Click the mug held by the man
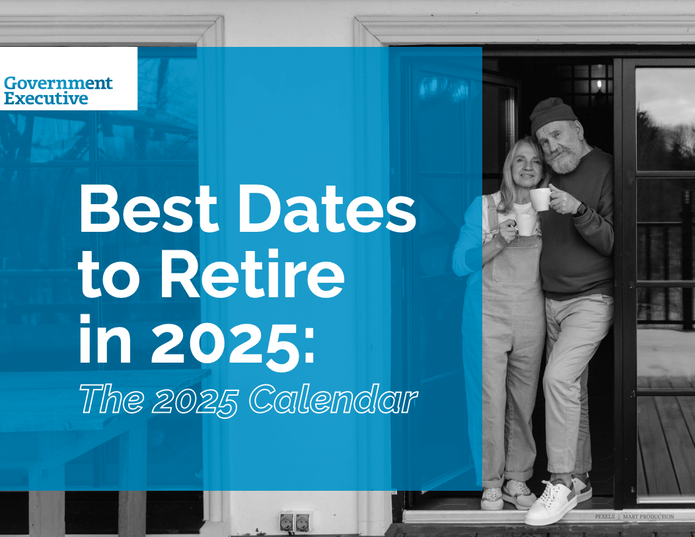coord(540,199)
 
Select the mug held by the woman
coord(526,224)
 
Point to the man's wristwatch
coord(581,208)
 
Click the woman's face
coord(529,169)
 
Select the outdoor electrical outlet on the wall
coord(295,521)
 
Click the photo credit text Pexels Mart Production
coord(634,517)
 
